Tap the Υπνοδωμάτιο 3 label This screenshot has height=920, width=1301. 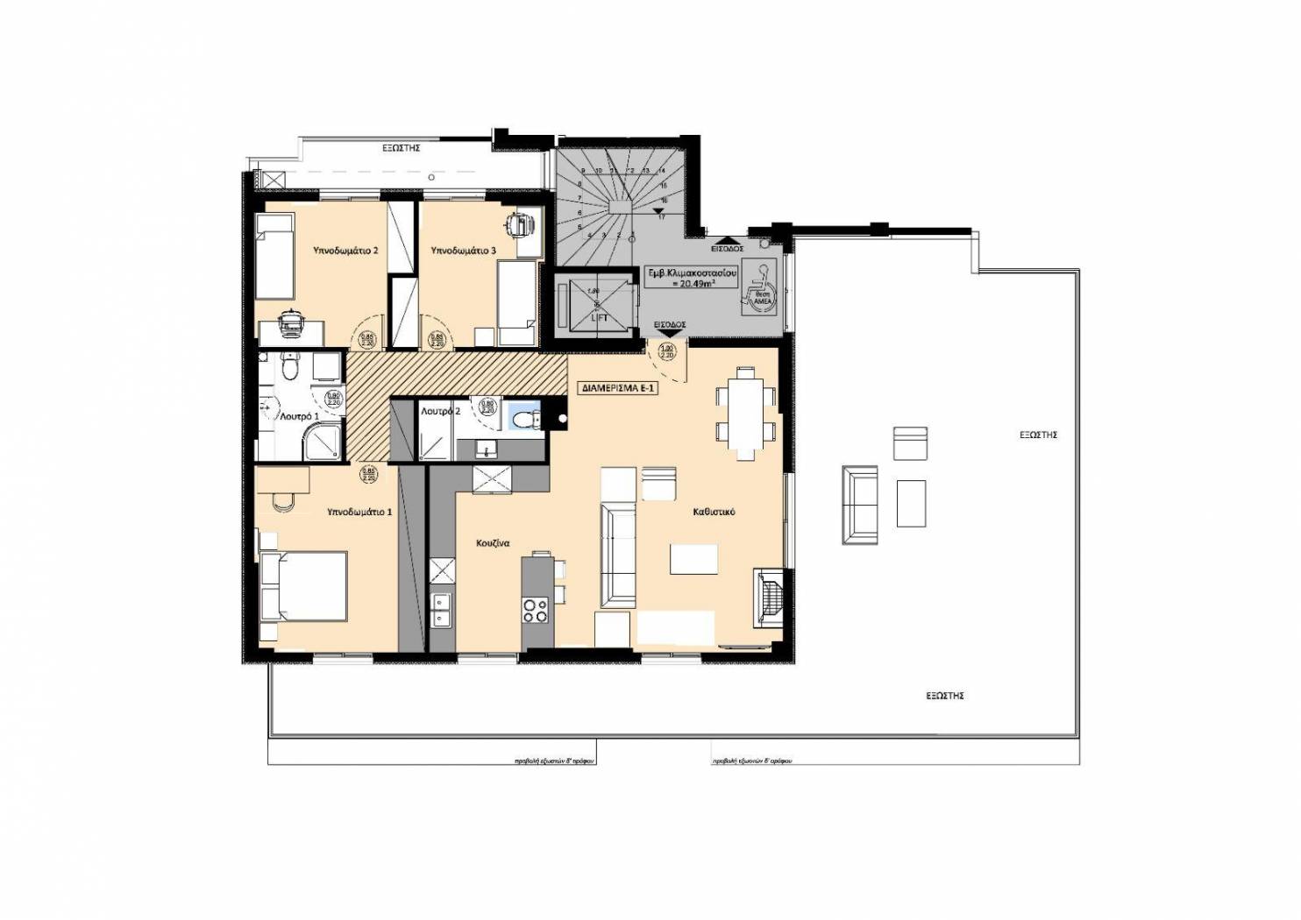(463, 251)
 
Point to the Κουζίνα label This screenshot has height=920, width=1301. (494, 542)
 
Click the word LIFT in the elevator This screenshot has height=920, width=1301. (599, 318)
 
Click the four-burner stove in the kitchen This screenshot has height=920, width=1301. (535, 609)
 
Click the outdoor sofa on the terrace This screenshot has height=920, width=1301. (859, 505)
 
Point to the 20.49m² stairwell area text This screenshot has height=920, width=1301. (691, 283)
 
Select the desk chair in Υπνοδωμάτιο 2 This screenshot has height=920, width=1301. (289, 322)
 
